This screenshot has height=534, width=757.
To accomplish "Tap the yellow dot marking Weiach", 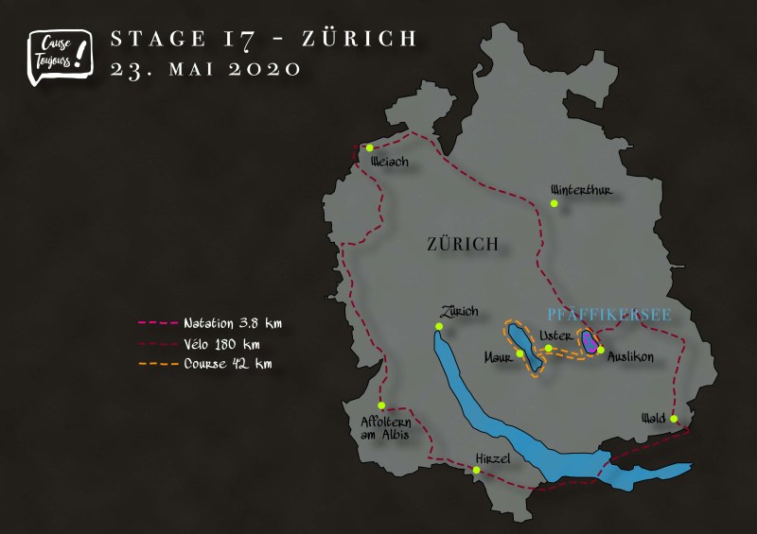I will point(370,147).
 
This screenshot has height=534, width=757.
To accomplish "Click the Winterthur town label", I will point(582,189).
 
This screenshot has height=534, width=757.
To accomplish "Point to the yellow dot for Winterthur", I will point(555,203).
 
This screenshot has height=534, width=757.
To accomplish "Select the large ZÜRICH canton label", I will point(462,245).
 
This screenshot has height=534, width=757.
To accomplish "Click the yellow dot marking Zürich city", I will point(438,327).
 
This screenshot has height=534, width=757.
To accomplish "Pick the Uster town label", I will point(555,335).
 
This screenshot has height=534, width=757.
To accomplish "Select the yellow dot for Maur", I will point(520,353).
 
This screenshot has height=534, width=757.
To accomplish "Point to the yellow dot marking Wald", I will point(674,419).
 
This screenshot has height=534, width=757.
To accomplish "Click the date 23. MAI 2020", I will point(205,68).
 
